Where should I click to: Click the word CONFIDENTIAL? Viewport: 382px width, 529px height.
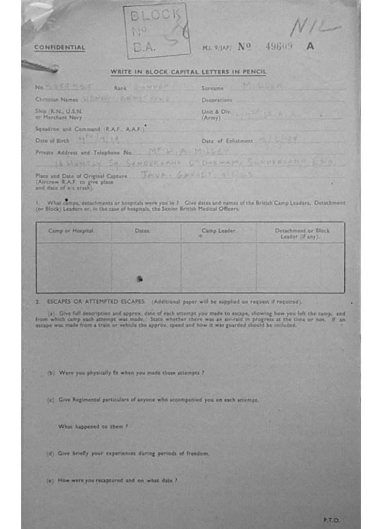(x=59, y=48)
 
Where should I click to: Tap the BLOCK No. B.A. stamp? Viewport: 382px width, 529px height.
(x=156, y=32)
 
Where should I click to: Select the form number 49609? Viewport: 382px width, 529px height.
(x=279, y=46)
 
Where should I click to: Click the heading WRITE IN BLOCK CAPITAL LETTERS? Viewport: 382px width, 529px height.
(x=188, y=72)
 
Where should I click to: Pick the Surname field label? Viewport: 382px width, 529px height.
(x=212, y=88)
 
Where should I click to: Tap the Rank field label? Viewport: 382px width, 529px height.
(x=120, y=88)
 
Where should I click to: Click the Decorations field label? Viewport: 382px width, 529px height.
(x=217, y=100)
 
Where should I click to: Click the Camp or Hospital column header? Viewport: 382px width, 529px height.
(x=71, y=231)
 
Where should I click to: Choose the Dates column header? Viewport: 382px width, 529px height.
(x=143, y=231)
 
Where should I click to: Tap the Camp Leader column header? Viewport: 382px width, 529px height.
(x=219, y=231)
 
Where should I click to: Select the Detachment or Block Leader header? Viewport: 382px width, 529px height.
(x=302, y=234)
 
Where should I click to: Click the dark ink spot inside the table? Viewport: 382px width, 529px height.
(x=139, y=279)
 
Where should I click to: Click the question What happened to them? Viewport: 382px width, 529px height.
(x=93, y=427)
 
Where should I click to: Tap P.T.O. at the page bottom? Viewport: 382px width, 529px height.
(x=331, y=520)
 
